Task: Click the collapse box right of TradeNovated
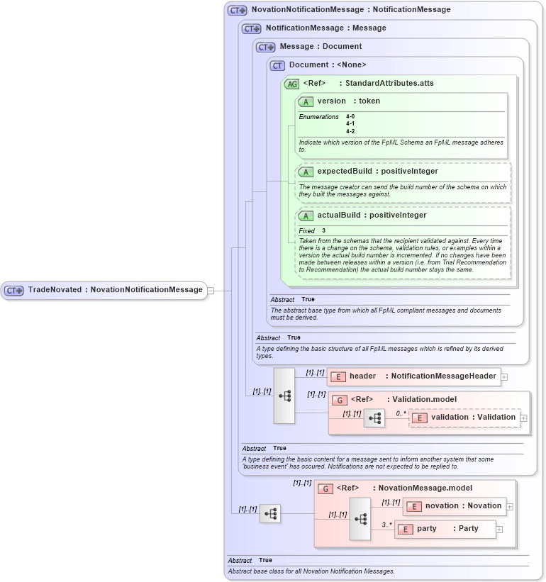pyautogui.click(x=210, y=290)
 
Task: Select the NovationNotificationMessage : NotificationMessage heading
pyautogui.click(x=350, y=10)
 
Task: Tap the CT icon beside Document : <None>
pyautogui.click(x=278, y=65)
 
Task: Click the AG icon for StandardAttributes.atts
pyautogui.click(x=291, y=84)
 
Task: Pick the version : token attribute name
pyautogui.click(x=348, y=101)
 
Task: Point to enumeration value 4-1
pyautogui.click(x=350, y=123)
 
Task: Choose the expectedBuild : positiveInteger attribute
pyautogui.click(x=377, y=172)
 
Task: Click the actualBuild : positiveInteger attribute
pyautogui.click(x=372, y=216)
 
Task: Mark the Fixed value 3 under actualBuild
pyautogui.click(x=323, y=231)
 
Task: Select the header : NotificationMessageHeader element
pyautogui.click(x=422, y=376)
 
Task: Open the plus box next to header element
pyautogui.click(x=504, y=376)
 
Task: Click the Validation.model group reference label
pyautogui.click(x=404, y=400)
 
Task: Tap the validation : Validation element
pyautogui.click(x=473, y=418)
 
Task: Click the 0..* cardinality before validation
pyautogui.click(x=401, y=413)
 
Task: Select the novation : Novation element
pyautogui.click(x=462, y=506)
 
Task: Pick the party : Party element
pyautogui.click(x=447, y=529)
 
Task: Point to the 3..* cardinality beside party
pyautogui.click(x=386, y=525)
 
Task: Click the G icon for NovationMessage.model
pyautogui.click(x=325, y=488)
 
